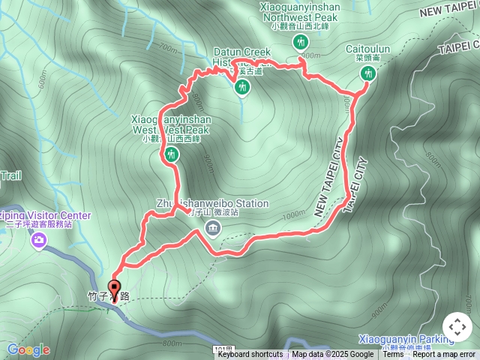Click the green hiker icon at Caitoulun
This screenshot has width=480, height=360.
pos(367,73)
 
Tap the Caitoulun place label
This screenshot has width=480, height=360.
pos(367,49)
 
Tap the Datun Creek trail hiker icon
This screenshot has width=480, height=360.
pos(241,88)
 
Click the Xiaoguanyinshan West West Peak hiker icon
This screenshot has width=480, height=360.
pos(172,155)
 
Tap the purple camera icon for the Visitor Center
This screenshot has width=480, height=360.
pos(38,241)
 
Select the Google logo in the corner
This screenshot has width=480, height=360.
pos(28,349)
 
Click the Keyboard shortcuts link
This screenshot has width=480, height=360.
pos(250,355)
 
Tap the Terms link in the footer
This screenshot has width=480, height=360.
pos(393,355)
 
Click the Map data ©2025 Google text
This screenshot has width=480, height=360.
pos(332,355)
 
